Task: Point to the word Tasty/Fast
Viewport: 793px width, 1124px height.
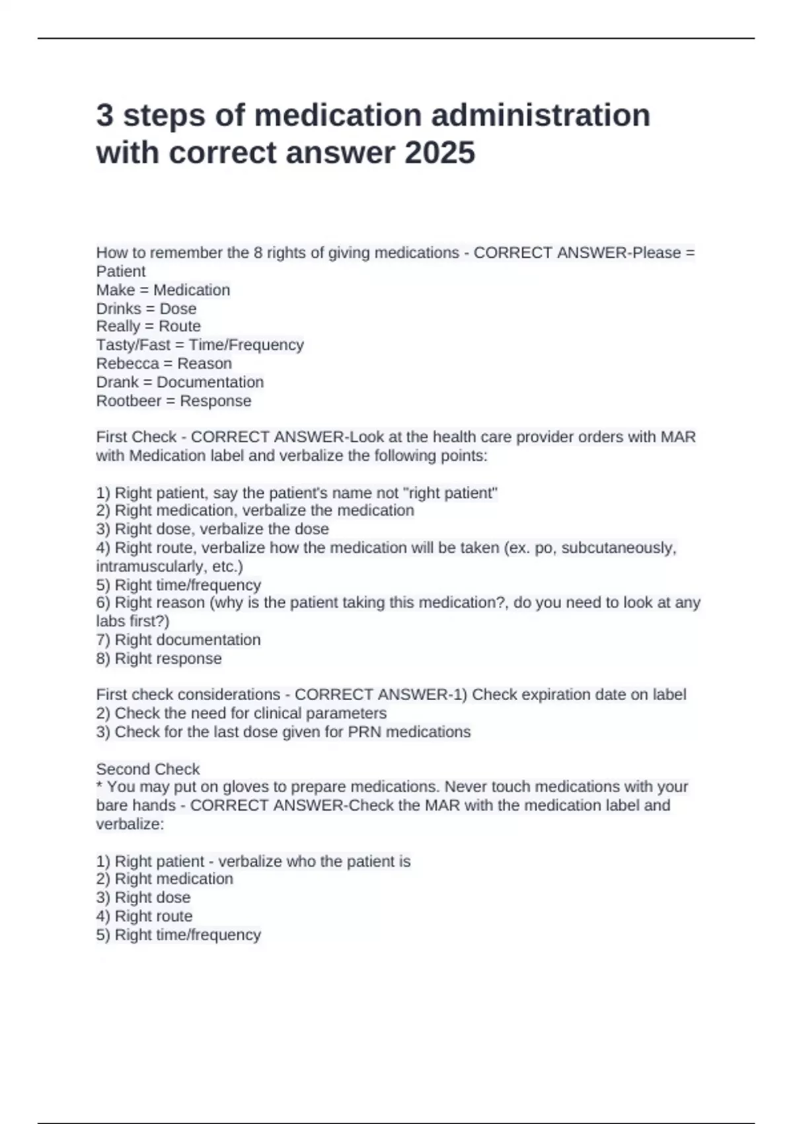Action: pyautogui.click(x=133, y=345)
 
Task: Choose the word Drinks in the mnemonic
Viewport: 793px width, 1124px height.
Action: pyautogui.click(x=119, y=309)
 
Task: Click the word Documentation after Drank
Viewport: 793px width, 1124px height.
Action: pyautogui.click(x=210, y=382)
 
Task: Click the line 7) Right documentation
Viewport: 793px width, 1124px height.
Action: pyautogui.click(x=178, y=640)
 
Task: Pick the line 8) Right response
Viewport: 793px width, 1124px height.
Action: pyautogui.click(x=159, y=659)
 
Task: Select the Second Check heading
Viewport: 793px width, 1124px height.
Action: pyautogui.click(x=148, y=769)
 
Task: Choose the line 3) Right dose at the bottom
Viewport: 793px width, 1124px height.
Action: pyautogui.click(x=143, y=898)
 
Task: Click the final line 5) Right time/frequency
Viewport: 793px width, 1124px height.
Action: pyautogui.click(x=178, y=935)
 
